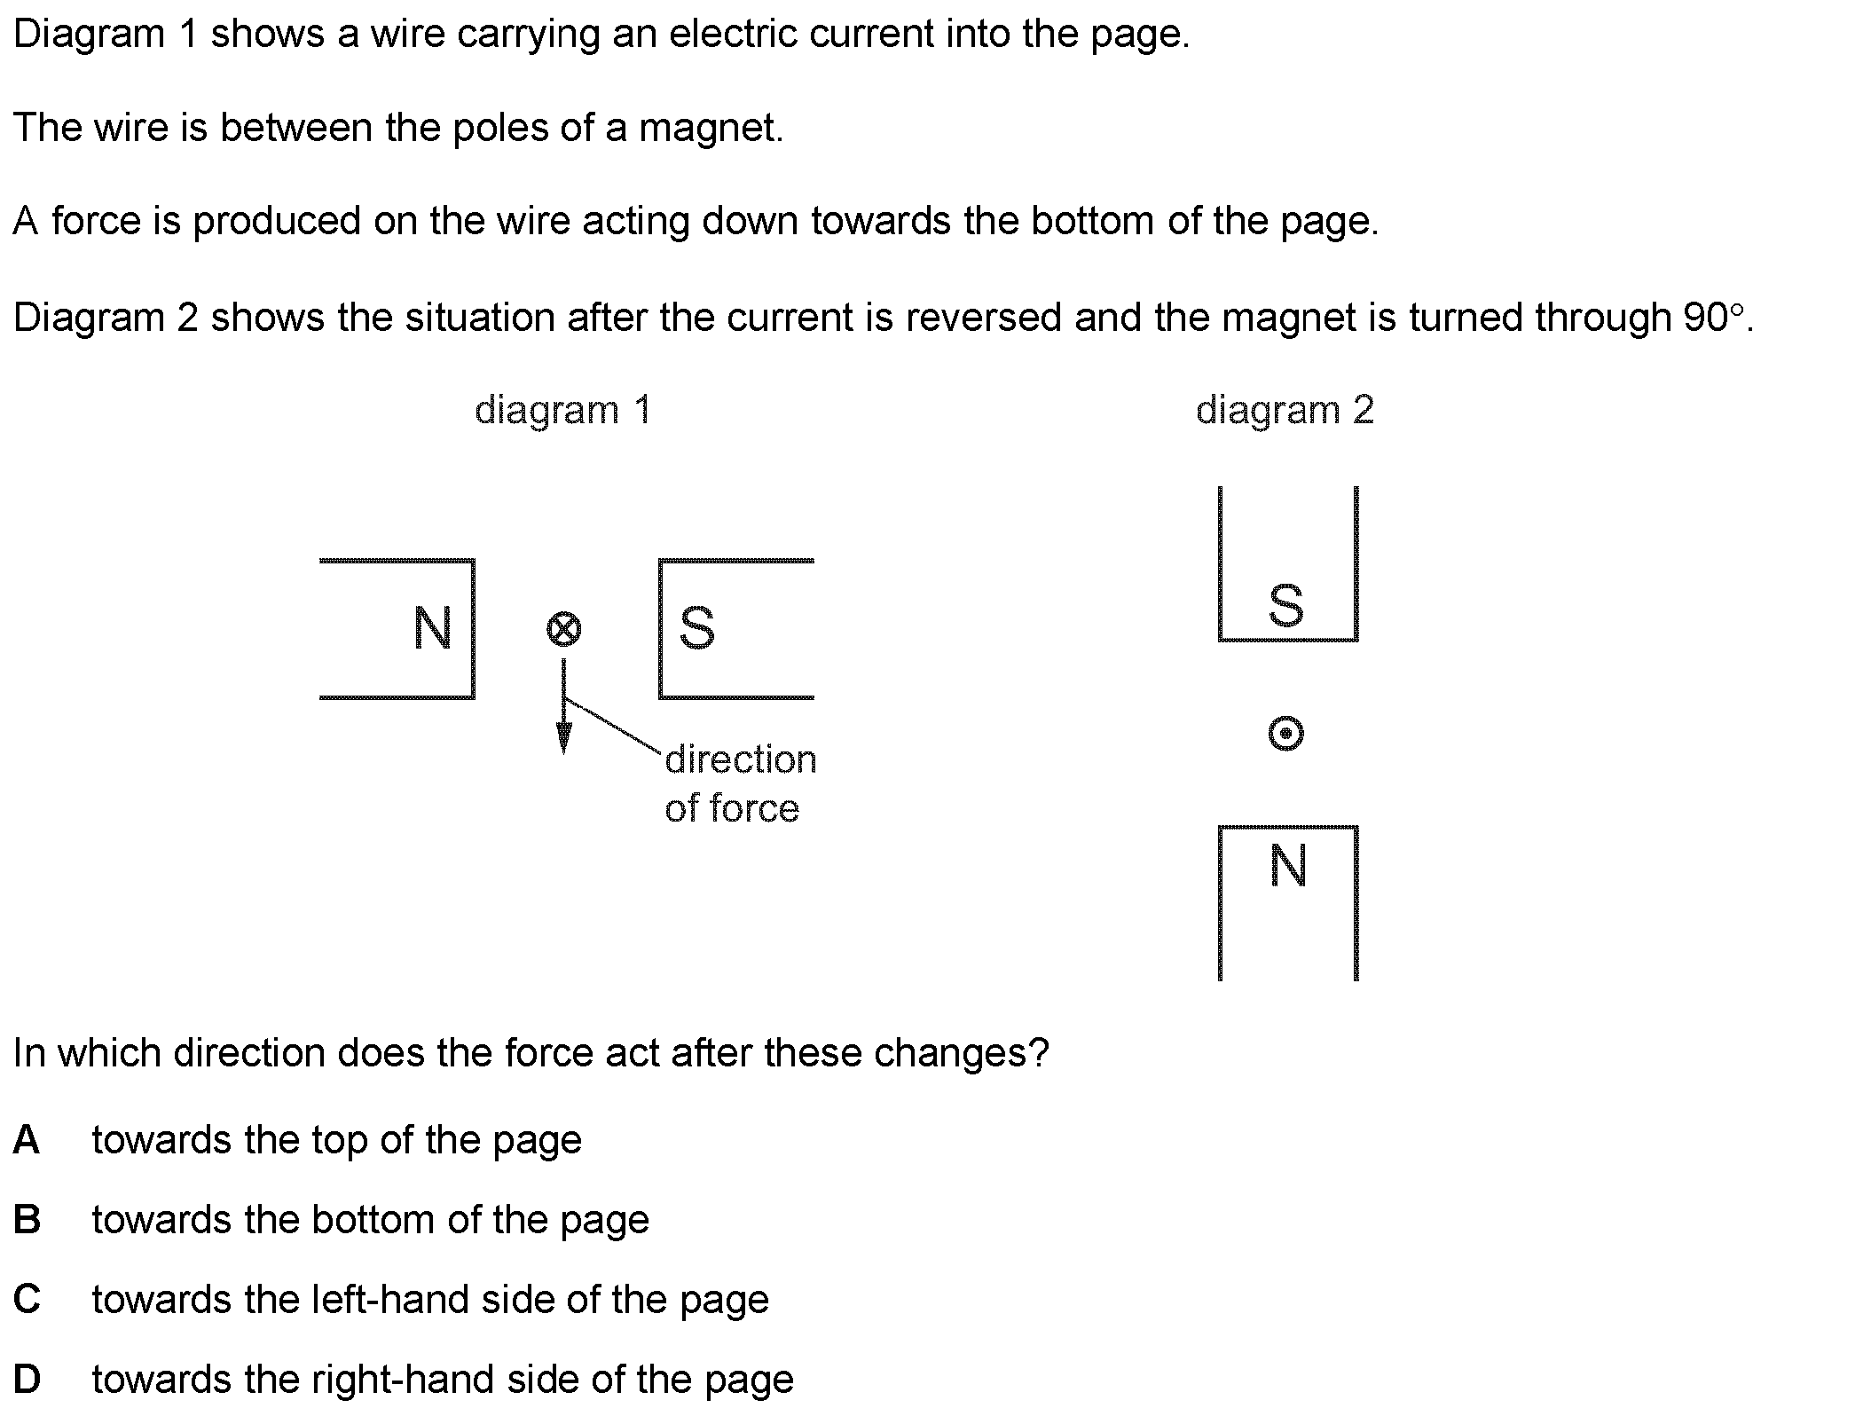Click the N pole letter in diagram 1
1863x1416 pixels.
point(433,628)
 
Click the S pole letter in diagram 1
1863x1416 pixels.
point(696,628)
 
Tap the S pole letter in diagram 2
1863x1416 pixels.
point(1286,606)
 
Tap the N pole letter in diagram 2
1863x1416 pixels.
point(1288,866)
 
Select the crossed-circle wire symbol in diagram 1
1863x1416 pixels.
point(563,630)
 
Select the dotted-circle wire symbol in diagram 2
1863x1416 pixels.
point(1286,734)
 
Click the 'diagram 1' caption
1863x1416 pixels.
point(563,411)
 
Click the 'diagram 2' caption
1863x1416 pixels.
point(1285,411)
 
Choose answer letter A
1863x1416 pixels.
point(27,1140)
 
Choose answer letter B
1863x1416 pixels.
point(27,1220)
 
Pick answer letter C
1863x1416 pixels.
point(27,1300)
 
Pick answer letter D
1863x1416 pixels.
point(27,1380)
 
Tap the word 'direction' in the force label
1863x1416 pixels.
point(741,760)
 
